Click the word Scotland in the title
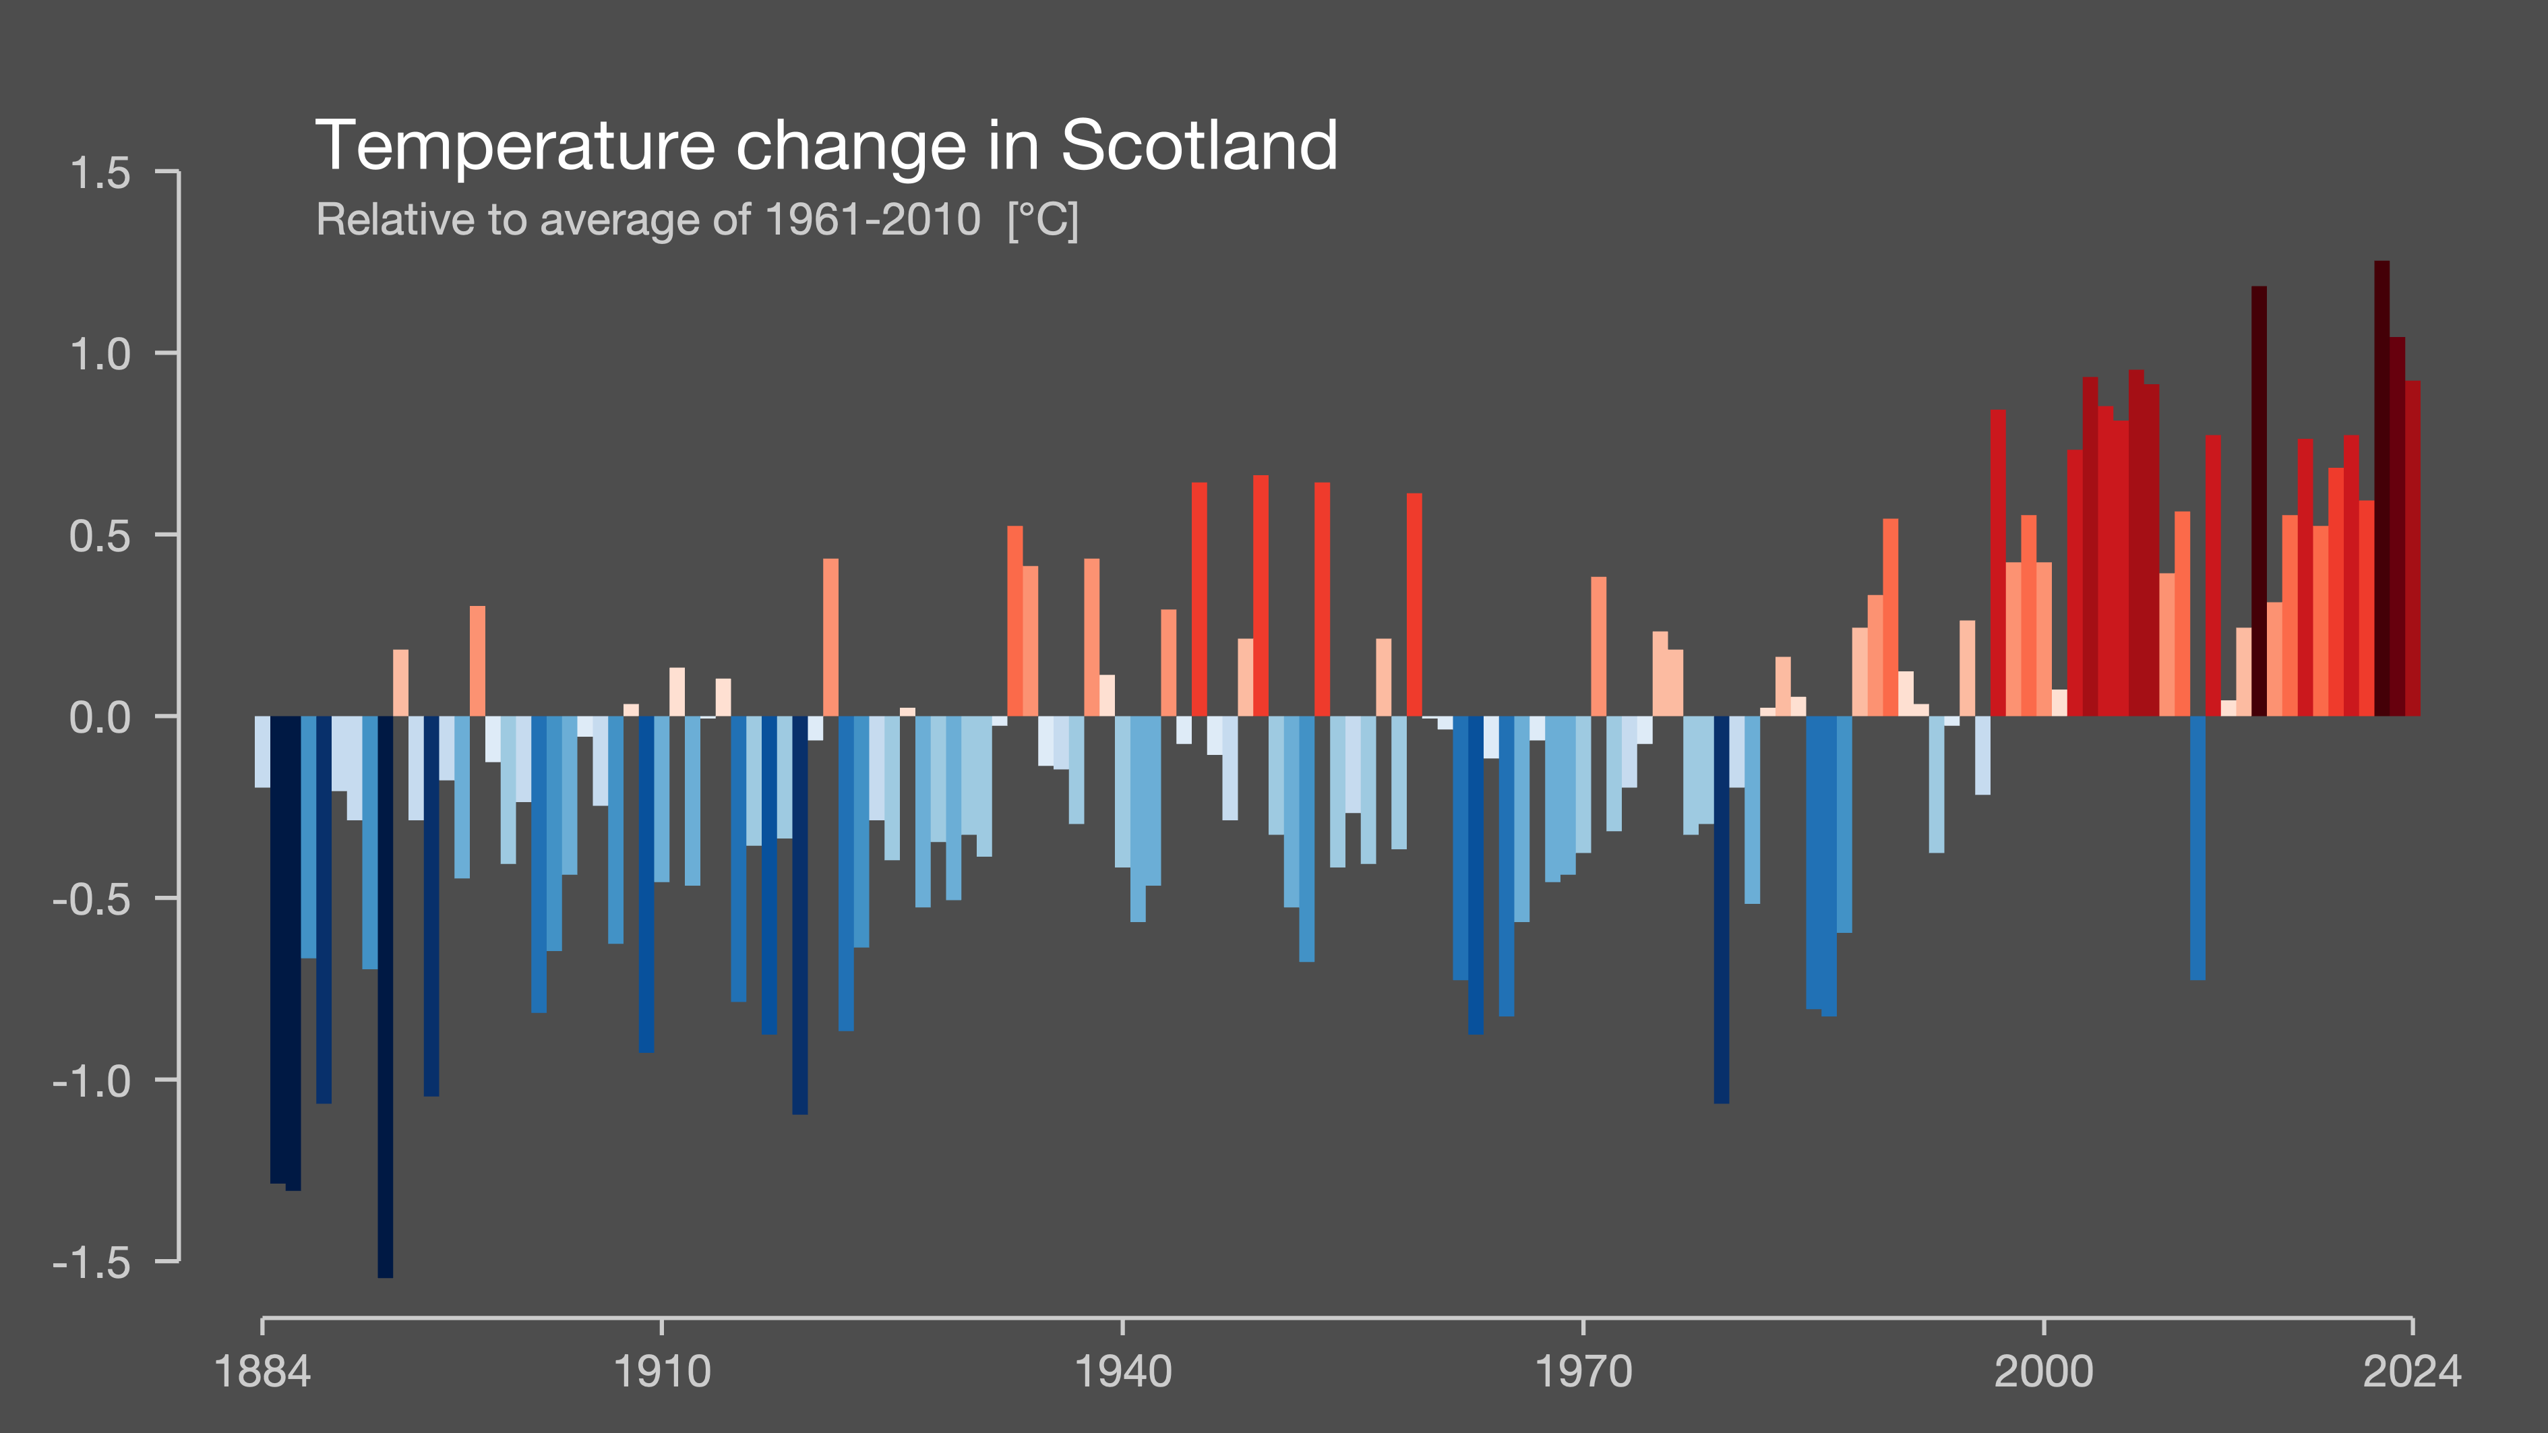(x=1199, y=146)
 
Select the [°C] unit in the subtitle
(x=1043, y=220)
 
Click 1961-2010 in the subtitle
(x=872, y=220)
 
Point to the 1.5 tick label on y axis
(x=100, y=174)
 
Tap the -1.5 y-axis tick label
(x=91, y=1263)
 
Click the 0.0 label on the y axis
(x=100, y=718)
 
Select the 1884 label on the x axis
(x=262, y=1372)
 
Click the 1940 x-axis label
(x=1122, y=1372)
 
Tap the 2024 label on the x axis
(x=2412, y=1372)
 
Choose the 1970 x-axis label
(x=1583, y=1372)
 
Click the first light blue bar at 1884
(x=262, y=752)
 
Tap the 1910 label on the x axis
(x=662, y=1372)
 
